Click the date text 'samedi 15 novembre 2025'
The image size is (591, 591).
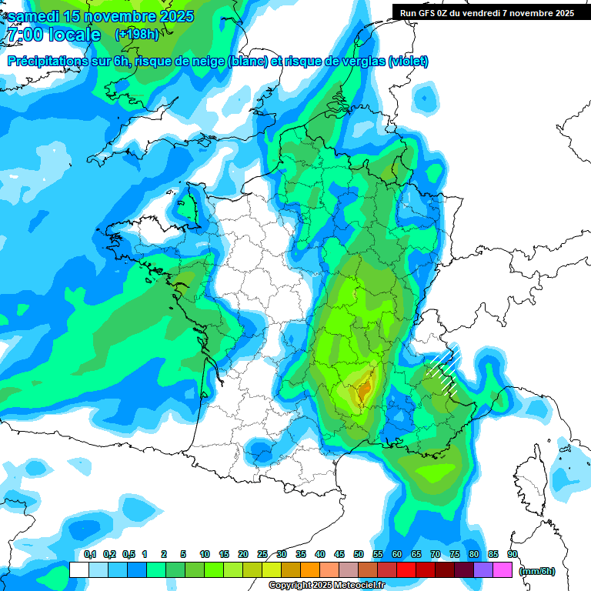pyautogui.click(x=100, y=16)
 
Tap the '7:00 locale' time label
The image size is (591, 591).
pyautogui.click(x=52, y=35)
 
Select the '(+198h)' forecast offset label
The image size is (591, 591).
pyautogui.click(x=138, y=34)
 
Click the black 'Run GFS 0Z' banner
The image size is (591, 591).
pyautogui.click(x=486, y=12)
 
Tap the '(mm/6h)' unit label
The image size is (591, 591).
pyautogui.click(x=536, y=571)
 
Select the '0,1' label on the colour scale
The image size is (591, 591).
pyautogui.click(x=90, y=555)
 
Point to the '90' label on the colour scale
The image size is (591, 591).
pyautogui.click(x=513, y=555)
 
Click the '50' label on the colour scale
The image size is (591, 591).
pyautogui.click(x=359, y=555)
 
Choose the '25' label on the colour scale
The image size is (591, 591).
pyautogui.click(x=262, y=555)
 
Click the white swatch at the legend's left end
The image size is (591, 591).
pyautogui.click(x=78, y=569)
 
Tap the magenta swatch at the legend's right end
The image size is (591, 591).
pyautogui.click(x=503, y=569)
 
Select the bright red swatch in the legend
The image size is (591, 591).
pyautogui.click(x=406, y=569)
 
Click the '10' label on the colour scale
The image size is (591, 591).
pyautogui.click(x=205, y=555)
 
